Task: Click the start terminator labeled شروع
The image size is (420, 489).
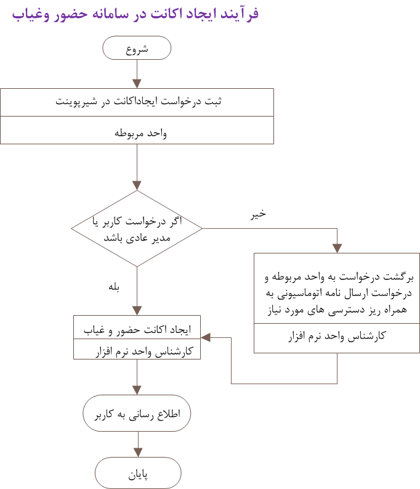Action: tap(137, 48)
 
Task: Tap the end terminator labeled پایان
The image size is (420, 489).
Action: tap(138, 475)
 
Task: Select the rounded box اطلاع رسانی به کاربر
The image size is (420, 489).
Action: tap(137, 414)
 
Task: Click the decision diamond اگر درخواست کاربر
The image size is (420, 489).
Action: tap(137, 229)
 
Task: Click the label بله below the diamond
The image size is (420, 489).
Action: tap(114, 287)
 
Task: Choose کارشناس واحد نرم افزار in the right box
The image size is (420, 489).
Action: tap(337, 336)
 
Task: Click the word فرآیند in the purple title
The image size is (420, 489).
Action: tap(238, 14)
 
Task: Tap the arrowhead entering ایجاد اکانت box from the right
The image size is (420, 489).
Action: tap(206, 337)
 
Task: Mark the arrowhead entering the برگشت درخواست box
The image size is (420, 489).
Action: tap(337, 248)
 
